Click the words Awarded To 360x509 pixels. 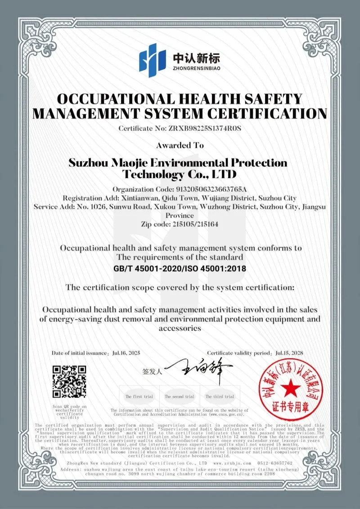pyautogui.click(x=180, y=145)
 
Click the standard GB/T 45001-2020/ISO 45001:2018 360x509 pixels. pyautogui.click(x=180, y=269)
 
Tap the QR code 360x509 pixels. pyautogui.click(x=70, y=382)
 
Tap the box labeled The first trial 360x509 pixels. pyautogui.click(x=139, y=396)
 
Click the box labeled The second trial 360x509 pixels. pyautogui.click(x=180, y=396)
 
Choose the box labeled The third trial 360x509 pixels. pyautogui.click(x=220, y=396)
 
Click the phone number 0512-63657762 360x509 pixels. pyautogui.click(x=275, y=463)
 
